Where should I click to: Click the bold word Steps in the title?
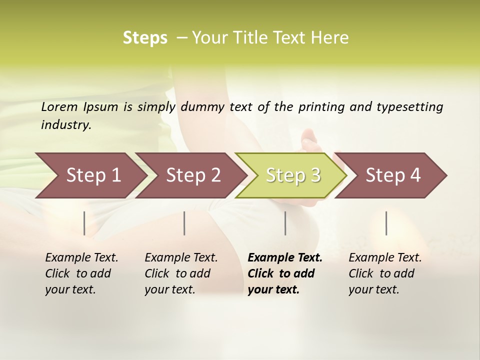click(x=145, y=38)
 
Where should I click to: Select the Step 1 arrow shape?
click(x=93, y=175)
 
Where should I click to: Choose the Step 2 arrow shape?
click(x=193, y=175)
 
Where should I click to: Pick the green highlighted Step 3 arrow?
click(x=293, y=175)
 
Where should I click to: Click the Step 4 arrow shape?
click(x=393, y=175)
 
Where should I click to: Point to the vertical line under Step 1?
click(x=84, y=223)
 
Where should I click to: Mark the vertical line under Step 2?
click(x=184, y=223)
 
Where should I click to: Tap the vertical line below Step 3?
click(x=285, y=223)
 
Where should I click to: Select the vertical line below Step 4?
click(x=386, y=223)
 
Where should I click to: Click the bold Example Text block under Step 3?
click(x=285, y=273)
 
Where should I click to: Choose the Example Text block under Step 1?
click(x=81, y=273)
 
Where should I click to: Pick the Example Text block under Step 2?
click(x=181, y=273)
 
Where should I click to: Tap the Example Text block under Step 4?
click(x=385, y=273)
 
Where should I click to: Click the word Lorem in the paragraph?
click(x=59, y=106)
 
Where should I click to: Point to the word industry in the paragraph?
click(x=65, y=125)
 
